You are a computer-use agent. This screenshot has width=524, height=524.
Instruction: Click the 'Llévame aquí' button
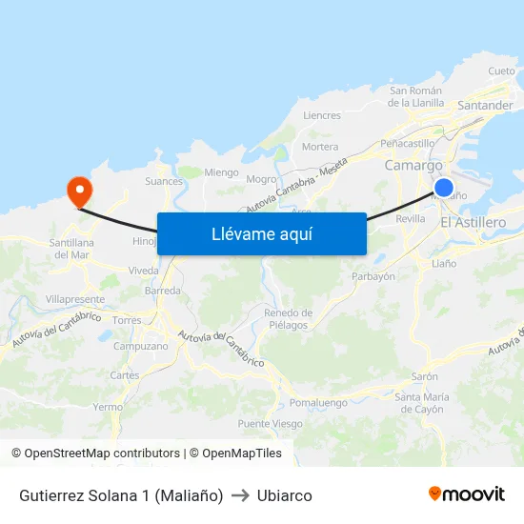coord(261,233)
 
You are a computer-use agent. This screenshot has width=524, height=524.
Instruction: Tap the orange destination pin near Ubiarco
coord(77,190)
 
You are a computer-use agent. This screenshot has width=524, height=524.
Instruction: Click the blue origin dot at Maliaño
coord(443,188)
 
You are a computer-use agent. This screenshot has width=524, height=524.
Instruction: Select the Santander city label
coord(485,106)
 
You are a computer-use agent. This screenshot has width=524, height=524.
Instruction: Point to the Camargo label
coord(413,166)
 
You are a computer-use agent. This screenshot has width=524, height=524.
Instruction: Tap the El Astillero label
coord(473,222)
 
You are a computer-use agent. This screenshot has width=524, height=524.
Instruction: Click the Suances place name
coord(164,181)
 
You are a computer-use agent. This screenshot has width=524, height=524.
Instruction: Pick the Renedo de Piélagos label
coord(288,319)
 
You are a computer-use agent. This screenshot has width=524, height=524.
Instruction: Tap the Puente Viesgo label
coord(270,424)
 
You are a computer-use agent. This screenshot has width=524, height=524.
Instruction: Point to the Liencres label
coord(321,115)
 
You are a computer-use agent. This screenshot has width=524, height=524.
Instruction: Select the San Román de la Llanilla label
coord(417,96)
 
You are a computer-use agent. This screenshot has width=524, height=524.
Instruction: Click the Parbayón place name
coord(373,276)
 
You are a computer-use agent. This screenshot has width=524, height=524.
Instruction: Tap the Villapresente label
coord(74,299)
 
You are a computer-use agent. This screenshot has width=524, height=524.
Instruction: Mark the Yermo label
coord(109,407)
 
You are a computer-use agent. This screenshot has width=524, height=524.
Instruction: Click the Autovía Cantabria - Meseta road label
coord(296,186)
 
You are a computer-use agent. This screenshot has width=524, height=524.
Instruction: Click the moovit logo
coord(467,494)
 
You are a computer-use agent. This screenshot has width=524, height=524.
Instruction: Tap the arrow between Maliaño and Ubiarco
coord(240,495)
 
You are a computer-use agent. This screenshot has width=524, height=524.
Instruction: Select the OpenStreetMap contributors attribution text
coord(95,453)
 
